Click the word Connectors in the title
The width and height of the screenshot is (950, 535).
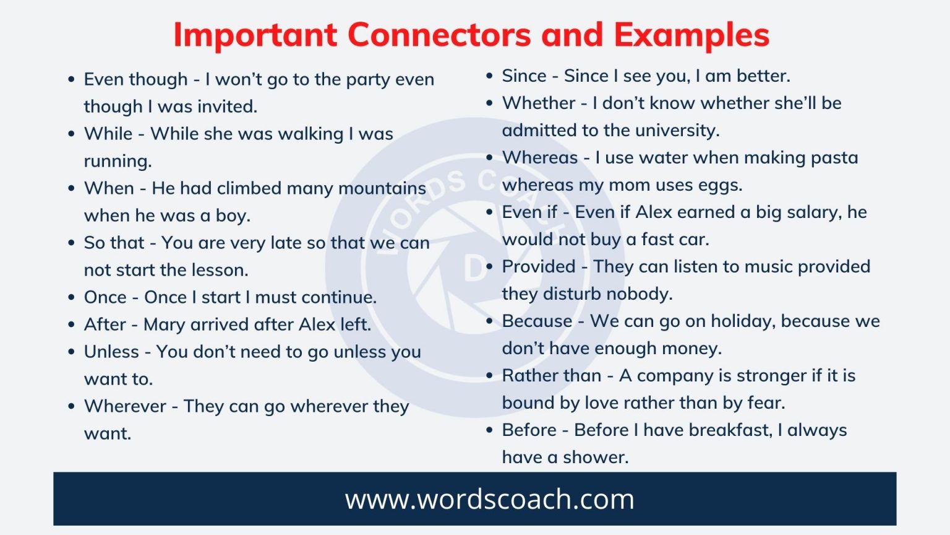(x=439, y=35)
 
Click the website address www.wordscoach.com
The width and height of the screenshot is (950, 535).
(x=489, y=499)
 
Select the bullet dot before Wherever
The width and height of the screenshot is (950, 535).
(x=72, y=407)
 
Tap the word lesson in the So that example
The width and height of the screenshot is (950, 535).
(x=220, y=270)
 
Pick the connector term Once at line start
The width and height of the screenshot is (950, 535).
(x=105, y=297)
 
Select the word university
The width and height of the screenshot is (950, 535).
(x=676, y=130)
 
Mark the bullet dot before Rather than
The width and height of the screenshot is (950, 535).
(x=490, y=376)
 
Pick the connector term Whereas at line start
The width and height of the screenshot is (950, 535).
(x=539, y=157)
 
